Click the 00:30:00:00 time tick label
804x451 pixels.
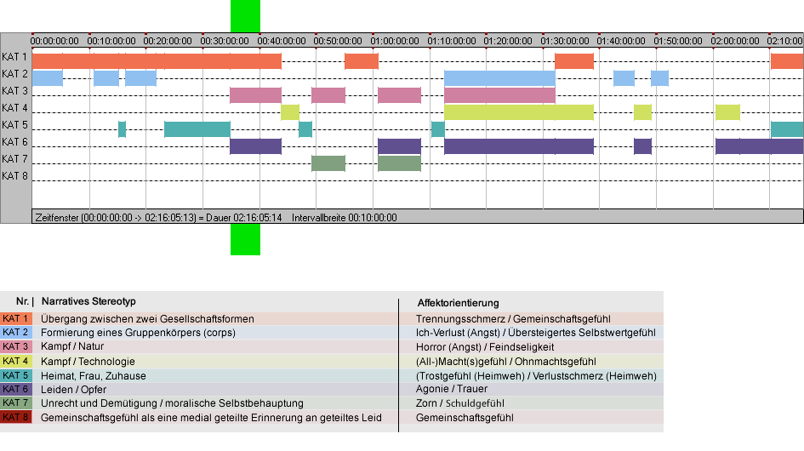coord(225,41)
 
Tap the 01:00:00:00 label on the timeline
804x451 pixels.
coord(395,41)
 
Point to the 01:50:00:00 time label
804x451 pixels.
coord(678,41)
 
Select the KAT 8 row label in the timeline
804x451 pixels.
coord(14,176)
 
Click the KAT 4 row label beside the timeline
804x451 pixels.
coord(14,108)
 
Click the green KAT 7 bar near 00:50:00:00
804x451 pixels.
coord(328,163)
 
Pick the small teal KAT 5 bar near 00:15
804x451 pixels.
coord(122,129)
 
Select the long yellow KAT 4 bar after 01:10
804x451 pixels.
coord(519,112)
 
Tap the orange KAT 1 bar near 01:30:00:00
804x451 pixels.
coord(574,61)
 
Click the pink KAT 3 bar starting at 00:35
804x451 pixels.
coord(255,95)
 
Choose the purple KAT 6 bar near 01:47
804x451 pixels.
coord(642,146)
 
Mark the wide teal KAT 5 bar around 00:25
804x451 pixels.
coord(197,129)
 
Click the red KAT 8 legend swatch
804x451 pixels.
coord(16,417)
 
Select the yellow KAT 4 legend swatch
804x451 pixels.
coord(16,361)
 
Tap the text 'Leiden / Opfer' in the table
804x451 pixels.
coord(74,390)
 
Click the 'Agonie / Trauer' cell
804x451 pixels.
coord(452,389)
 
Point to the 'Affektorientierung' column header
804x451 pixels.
coord(458,303)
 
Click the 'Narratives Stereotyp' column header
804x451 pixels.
coord(88,301)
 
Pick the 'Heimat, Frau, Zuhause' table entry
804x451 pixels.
coord(94,375)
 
